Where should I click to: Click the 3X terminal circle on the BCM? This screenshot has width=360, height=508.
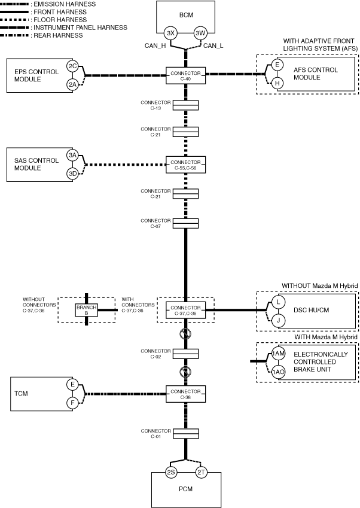[171, 32]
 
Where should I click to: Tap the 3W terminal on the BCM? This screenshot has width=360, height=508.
[200, 32]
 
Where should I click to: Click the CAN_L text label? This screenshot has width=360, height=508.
[213, 45]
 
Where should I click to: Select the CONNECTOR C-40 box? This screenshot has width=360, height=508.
[185, 75]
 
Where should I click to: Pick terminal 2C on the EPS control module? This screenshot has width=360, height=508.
[72, 66]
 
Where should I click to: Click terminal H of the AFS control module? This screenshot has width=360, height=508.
[277, 83]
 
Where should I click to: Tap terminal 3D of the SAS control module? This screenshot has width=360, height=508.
[72, 174]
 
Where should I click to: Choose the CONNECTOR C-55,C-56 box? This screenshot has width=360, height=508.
[185, 165]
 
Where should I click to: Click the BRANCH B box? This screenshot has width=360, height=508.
[86, 309]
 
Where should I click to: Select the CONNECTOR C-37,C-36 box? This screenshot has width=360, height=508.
[185, 309]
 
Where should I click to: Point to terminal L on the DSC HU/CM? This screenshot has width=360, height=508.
[277, 301]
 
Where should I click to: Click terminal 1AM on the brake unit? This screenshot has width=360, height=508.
[277, 354]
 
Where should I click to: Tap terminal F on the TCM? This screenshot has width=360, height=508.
[72, 403]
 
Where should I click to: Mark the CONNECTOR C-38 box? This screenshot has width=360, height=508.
[185, 394]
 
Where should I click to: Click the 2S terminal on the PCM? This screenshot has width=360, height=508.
[171, 473]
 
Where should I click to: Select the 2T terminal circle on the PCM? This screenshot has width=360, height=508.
[201, 473]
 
